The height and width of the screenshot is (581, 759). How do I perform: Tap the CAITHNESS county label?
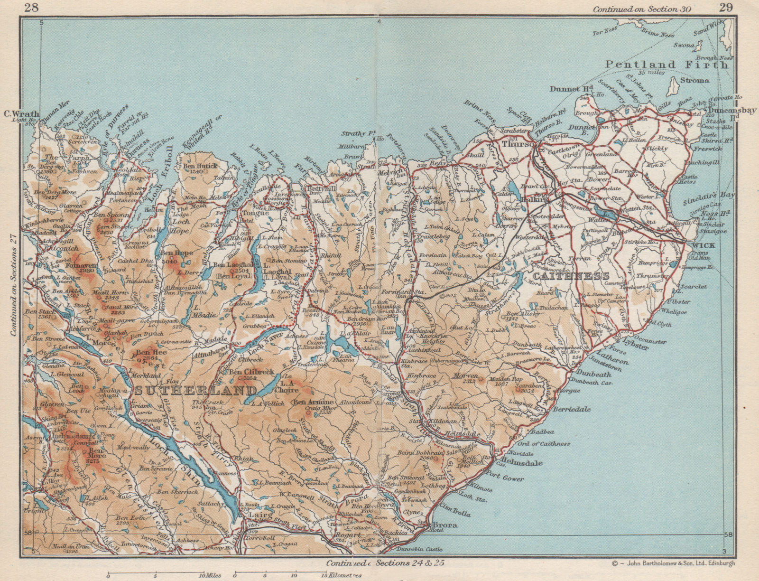[571, 276]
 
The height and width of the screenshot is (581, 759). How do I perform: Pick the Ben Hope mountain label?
[176, 253]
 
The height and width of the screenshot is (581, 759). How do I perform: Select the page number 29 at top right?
[726, 8]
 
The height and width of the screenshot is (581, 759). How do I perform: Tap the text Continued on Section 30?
[641, 9]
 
